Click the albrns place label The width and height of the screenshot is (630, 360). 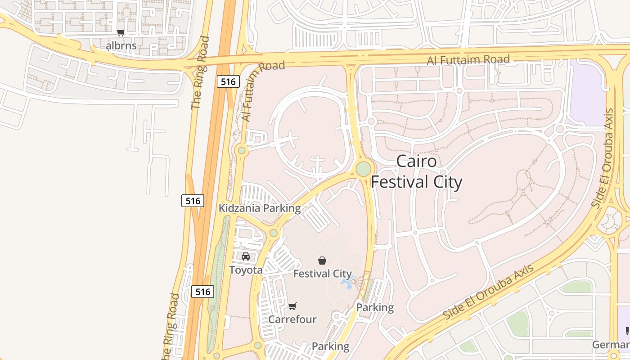point(121,45)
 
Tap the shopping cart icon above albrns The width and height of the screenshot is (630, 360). point(121,32)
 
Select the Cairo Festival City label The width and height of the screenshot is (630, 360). point(416,172)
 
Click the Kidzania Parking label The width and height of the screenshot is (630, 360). point(260,208)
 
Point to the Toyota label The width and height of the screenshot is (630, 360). point(246,270)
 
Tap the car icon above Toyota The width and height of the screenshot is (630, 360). point(246,256)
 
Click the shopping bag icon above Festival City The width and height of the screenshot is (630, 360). point(322,260)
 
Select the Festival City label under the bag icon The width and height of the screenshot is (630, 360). point(322,274)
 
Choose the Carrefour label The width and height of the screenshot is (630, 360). point(292,319)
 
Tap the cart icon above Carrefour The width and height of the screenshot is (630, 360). point(292,306)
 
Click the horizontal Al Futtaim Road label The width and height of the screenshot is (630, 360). point(468,59)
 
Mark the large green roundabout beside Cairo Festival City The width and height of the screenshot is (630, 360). point(364,169)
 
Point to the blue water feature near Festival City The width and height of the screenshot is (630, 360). point(347,282)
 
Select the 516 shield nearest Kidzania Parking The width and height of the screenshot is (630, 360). point(193,201)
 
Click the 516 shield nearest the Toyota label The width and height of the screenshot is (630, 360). point(203,292)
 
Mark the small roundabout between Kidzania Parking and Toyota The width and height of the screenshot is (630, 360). point(273,233)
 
